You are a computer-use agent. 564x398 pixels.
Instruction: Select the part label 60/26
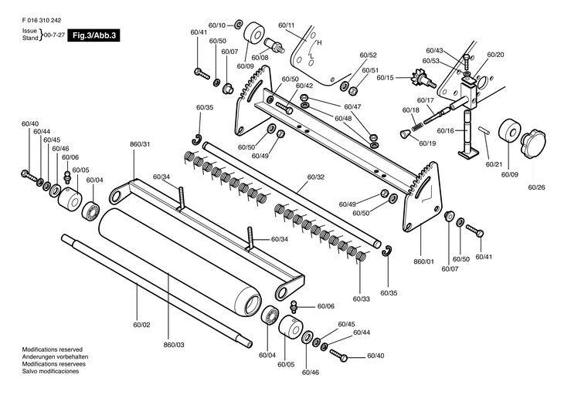click(x=537, y=187)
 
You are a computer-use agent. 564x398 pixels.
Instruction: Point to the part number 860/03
click(x=175, y=344)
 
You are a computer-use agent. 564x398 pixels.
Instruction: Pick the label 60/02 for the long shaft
click(x=141, y=327)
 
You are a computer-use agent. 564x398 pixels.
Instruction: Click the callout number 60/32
click(x=316, y=177)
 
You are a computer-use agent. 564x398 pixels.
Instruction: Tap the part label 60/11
click(x=287, y=25)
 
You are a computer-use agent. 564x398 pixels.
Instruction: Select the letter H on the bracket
click(x=318, y=43)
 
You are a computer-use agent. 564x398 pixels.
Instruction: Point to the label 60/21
click(x=494, y=164)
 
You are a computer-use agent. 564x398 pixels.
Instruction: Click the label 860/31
click(x=141, y=144)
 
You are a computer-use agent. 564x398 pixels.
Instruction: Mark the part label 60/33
click(x=361, y=298)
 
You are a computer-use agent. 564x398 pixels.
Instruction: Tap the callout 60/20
click(x=495, y=55)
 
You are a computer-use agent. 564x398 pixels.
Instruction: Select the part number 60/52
click(x=368, y=56)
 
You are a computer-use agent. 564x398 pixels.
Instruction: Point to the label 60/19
click(x=427, y=144)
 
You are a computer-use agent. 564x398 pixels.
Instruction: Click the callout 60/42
click(x=304, y=86)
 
